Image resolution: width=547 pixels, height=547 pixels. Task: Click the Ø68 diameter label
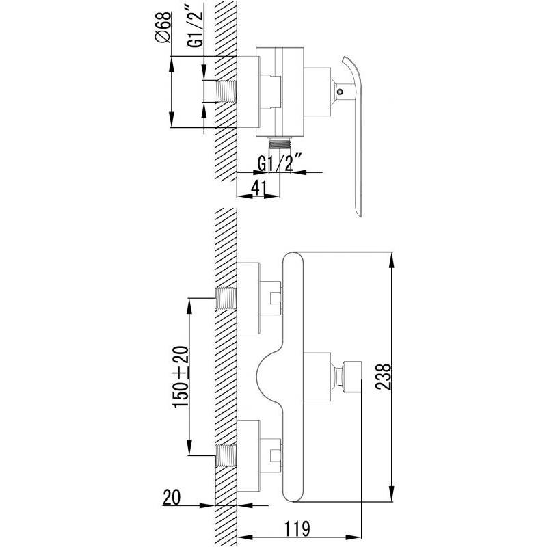[163, 27]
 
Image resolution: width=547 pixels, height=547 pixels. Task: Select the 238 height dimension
[384, 377]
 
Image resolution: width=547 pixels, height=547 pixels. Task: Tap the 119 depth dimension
[297, 529]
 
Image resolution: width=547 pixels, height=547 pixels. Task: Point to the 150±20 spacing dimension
[181, 377]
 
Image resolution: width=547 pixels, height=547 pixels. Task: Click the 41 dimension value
[259, 188]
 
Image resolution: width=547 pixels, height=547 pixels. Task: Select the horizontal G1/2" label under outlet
[279, 164]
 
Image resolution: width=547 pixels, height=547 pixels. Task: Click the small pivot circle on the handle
[340, 92]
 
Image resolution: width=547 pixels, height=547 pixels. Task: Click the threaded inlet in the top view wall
[226, 92]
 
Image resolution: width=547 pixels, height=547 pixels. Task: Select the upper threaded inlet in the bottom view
[226, 299]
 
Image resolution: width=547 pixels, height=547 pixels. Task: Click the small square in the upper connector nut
[276, 298]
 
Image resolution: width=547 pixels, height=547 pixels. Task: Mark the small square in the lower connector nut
[276, 455]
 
